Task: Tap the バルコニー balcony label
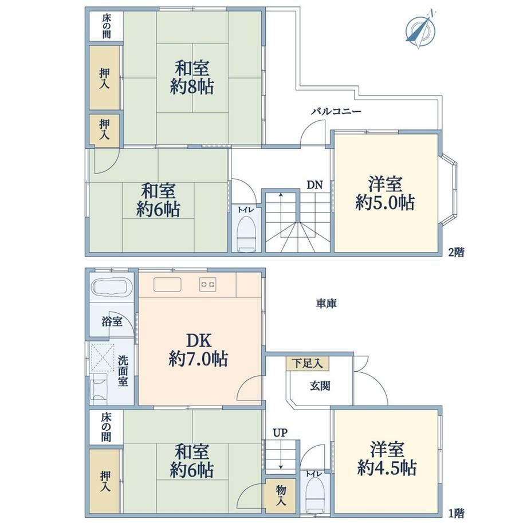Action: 336,112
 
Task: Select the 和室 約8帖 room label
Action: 192,77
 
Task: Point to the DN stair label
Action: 314,185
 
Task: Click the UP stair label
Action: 280,433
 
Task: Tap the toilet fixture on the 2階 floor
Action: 247,234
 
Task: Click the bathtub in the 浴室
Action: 112,286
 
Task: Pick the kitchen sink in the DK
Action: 167,285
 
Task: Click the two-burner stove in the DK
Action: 208,284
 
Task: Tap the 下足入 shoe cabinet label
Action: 307,363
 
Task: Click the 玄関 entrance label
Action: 320,386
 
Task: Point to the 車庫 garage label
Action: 326,304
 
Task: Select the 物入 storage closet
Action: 281,496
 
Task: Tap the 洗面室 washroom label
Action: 123,371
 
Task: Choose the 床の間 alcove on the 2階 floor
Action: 106,26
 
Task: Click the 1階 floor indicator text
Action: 457,513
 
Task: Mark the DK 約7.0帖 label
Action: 198,350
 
